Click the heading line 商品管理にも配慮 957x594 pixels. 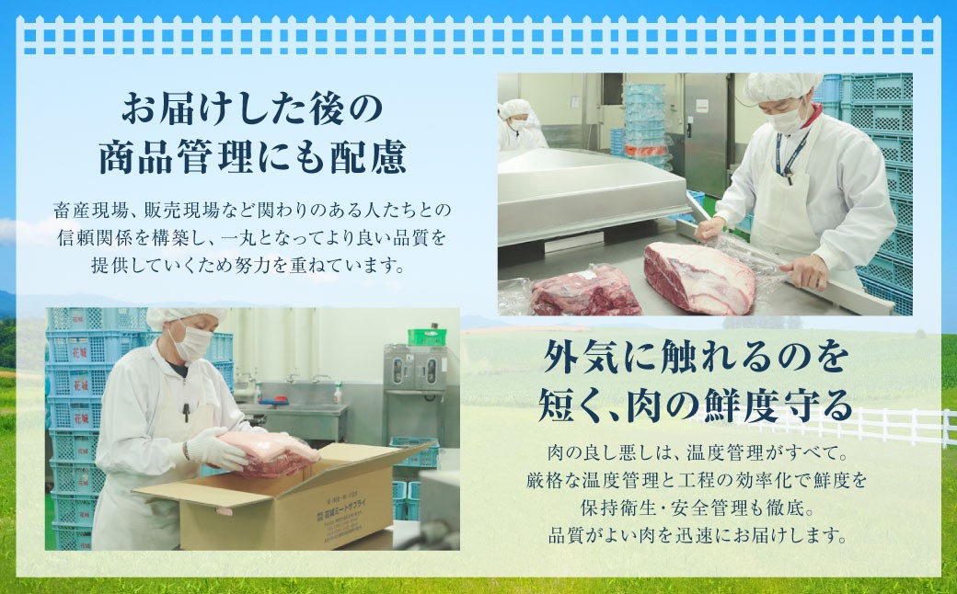pos(250,158)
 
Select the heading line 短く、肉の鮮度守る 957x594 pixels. pos(695,405)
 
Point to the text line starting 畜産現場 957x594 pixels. pos(250,211)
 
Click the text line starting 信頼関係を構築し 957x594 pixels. pos(250,239)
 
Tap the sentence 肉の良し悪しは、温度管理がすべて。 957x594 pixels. pos(695,453)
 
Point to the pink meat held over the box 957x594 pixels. pos(267,451)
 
